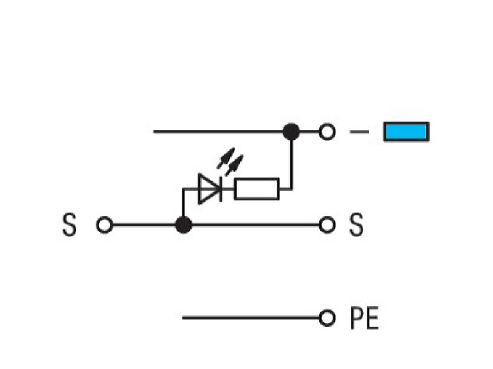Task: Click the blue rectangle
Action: (406, 132)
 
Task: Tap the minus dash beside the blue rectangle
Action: (359, 132)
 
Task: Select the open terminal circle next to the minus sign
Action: (327, 132)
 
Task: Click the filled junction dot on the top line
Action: (291, 132)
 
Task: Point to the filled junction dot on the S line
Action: (183, 225)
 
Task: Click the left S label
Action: (70, 224)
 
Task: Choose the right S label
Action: (357, 224)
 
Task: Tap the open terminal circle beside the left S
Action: (104, 225)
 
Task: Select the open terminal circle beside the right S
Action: (327, 225)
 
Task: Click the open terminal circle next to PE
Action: (327, 318)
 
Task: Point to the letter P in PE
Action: (356, 318)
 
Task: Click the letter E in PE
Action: (373, 318)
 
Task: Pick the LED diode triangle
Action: (208, 189)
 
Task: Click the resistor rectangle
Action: (257, 189)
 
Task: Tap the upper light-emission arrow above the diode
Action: (226, 158)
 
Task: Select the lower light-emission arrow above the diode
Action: (234, 165)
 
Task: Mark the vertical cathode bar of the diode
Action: (221, 189)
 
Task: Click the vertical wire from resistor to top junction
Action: (291, 165)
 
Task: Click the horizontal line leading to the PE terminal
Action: (251, 318)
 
